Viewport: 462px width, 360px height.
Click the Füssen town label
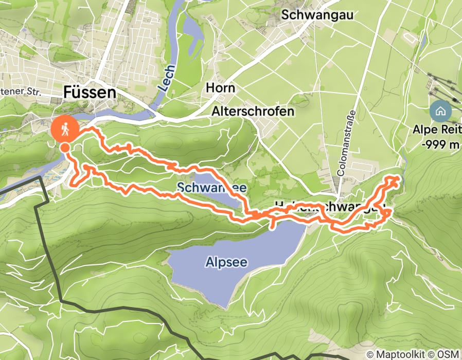90,93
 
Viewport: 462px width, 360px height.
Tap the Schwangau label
317,15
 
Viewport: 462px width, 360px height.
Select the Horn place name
220,88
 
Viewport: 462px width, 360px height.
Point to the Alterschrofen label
253,111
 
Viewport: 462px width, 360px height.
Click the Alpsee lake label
226,262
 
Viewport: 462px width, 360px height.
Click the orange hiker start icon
64,129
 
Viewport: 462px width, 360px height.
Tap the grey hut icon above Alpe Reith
440,110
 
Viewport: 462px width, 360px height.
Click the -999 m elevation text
439,145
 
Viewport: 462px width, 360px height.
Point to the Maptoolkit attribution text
400,354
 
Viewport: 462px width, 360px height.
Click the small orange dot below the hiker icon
65,148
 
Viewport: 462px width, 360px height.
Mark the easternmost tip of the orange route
399,178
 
